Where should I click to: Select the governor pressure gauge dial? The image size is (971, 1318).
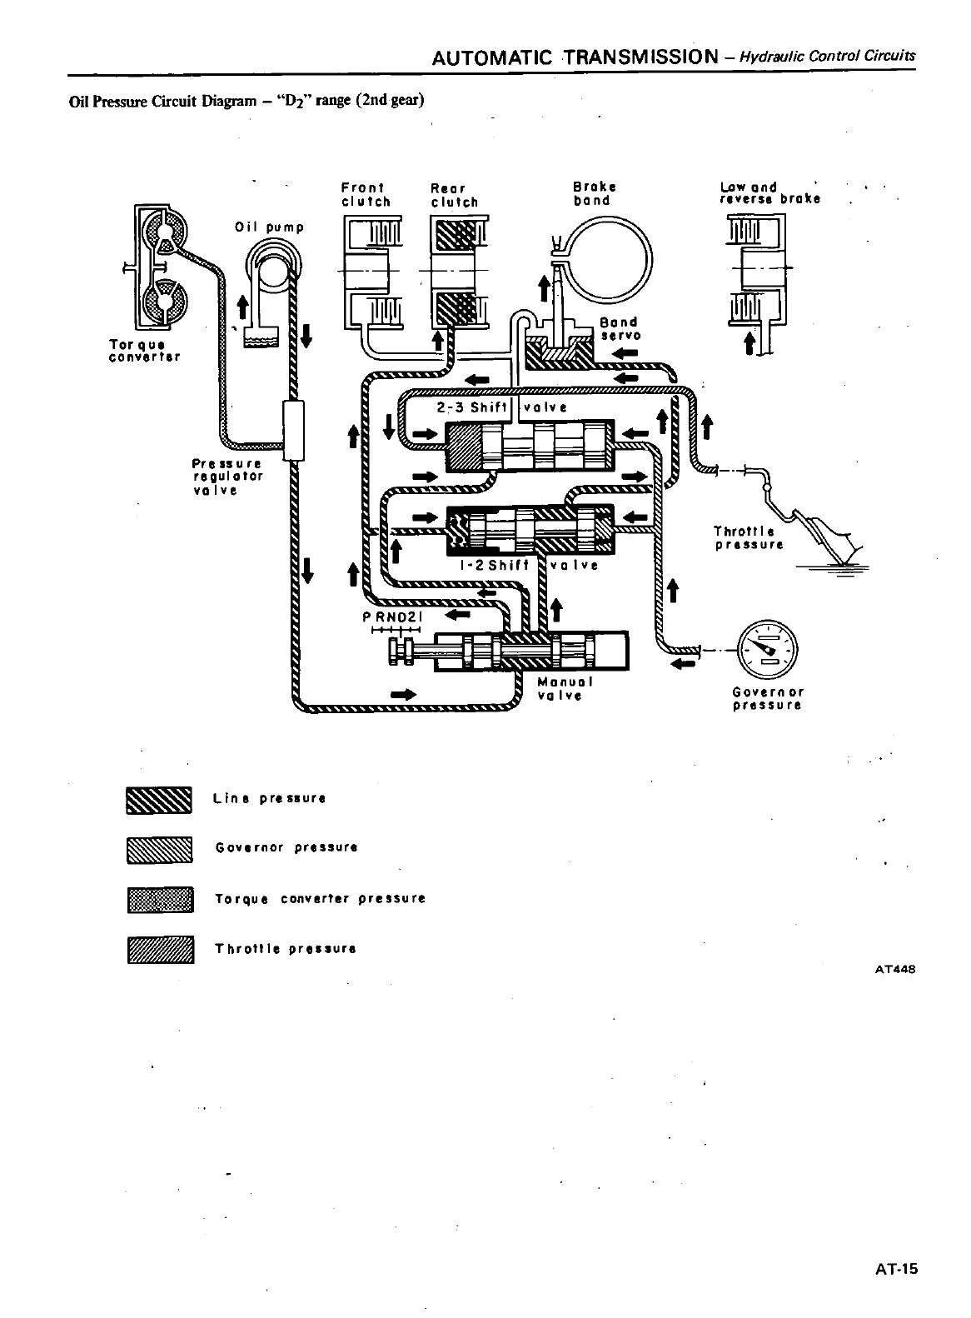coord(767,649)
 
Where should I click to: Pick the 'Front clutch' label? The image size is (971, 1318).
coord(366,194)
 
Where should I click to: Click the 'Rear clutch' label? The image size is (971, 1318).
coord(454,195)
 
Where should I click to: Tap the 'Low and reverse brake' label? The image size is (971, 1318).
coord(769,192)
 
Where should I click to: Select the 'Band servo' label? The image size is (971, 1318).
coord(619,328)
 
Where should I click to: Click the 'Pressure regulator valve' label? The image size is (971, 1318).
coord(227,477)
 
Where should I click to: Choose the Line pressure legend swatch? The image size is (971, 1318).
coord(159,798)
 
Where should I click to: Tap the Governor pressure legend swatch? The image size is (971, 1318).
coord(159,849)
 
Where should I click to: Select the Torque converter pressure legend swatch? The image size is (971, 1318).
coord(159,900)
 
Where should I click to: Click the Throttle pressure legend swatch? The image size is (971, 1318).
coord(159,950)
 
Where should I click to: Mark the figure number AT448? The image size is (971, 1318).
coord(896,968)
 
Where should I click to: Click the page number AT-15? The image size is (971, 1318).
coord(895,1270)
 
